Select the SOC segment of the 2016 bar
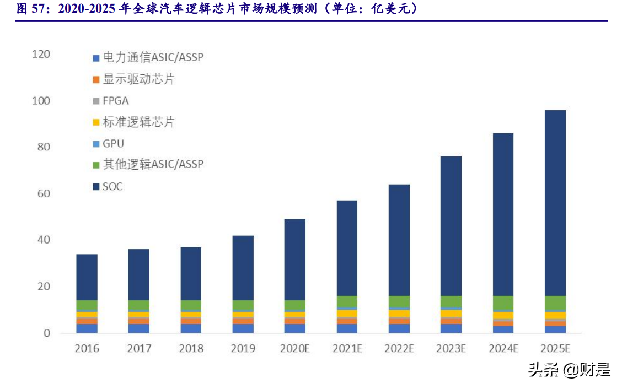click(x=87, y=277)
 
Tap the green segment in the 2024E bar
click(x=503, y=304)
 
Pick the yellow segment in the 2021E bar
click(x=347, y=313)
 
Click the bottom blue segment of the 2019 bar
click(x=243, y=328)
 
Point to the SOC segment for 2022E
click(x=399, y=240)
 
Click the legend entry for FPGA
click(x=115, y=101)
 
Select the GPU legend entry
click(x=113, y=144)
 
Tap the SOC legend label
click(x=112, y=187)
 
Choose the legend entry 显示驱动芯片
click(x=138, y=79)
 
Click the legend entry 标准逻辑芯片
click(x=138, y=122)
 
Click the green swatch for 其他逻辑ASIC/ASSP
click(x=96, y=165)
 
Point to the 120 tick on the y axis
click(x=41, y=54)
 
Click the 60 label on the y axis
click(x=44, y=193)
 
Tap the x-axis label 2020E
click(x=294, y=349)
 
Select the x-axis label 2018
click(x=191, y=349)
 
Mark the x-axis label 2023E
click(x=451, y=349)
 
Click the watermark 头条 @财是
click(x=569, y=370)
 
